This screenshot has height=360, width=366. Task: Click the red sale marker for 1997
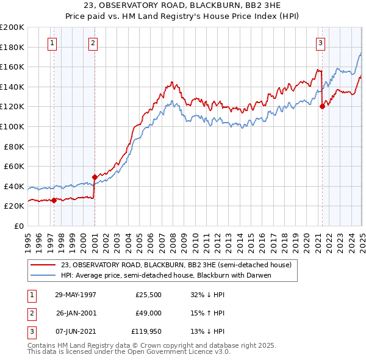point(54,200)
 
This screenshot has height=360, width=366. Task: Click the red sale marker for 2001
point(95,177)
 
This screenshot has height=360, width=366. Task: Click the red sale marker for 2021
point(322,107)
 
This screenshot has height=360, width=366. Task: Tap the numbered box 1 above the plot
point(52,43)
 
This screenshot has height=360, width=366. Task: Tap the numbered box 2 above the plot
point(93,43)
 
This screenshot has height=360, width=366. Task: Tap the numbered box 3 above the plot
point(320,43)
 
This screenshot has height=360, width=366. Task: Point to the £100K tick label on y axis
point(12,126)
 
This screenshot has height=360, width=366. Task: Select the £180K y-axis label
point(12,47)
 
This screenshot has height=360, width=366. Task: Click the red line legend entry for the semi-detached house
point(176,265)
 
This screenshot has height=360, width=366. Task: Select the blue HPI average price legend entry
point(165,275)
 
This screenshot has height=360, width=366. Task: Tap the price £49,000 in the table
point(149,314)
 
